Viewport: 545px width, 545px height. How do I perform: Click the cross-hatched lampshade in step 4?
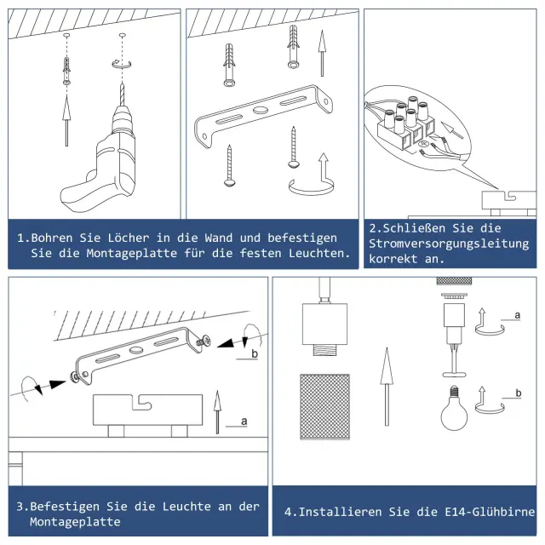pos(324,407)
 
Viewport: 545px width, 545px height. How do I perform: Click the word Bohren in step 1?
pos(52,238)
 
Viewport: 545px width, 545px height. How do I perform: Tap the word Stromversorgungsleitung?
pos(449,244)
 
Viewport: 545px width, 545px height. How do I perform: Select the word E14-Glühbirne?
pos(490,512)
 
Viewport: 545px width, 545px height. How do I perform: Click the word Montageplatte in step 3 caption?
pos(75,522)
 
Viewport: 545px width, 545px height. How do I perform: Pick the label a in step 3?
pos(244,422)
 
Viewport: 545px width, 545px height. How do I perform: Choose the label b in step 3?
pos(255,354)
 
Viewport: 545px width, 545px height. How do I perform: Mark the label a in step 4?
pos(517,315)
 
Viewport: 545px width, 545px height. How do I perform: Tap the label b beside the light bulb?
pos(519,393)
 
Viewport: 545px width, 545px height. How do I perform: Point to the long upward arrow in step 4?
pos(387,387)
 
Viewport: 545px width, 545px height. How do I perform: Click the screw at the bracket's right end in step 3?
pos(204,341)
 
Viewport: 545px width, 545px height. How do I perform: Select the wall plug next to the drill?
pos(66,72)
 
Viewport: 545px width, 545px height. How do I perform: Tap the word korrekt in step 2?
pos(393,259)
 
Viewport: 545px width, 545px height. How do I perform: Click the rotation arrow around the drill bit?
pos(122,64)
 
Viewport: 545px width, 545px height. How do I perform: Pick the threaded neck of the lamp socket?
pos(324,349)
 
